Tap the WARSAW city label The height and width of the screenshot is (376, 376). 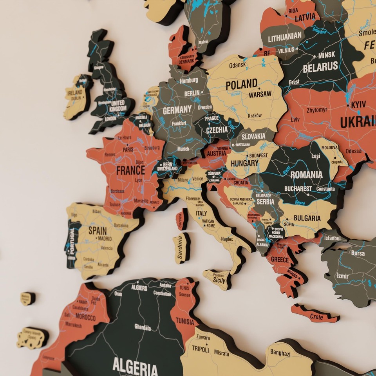point(260,94)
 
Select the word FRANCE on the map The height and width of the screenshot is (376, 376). point(130,171)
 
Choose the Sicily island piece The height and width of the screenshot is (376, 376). point(218,278)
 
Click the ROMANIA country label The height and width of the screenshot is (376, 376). point(306,174)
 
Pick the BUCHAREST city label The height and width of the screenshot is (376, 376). point(298,188)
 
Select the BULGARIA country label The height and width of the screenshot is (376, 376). point(307,218)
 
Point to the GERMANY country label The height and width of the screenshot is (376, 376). point(177,110)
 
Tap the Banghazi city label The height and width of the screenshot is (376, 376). point(280,353)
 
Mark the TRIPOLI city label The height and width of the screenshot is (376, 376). point(200,350)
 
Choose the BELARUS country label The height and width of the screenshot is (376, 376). point(320,67)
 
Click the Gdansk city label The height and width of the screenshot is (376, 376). point(237,65)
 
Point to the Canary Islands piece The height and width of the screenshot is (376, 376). point(33,337)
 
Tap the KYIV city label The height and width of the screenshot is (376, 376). point(358,105)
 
